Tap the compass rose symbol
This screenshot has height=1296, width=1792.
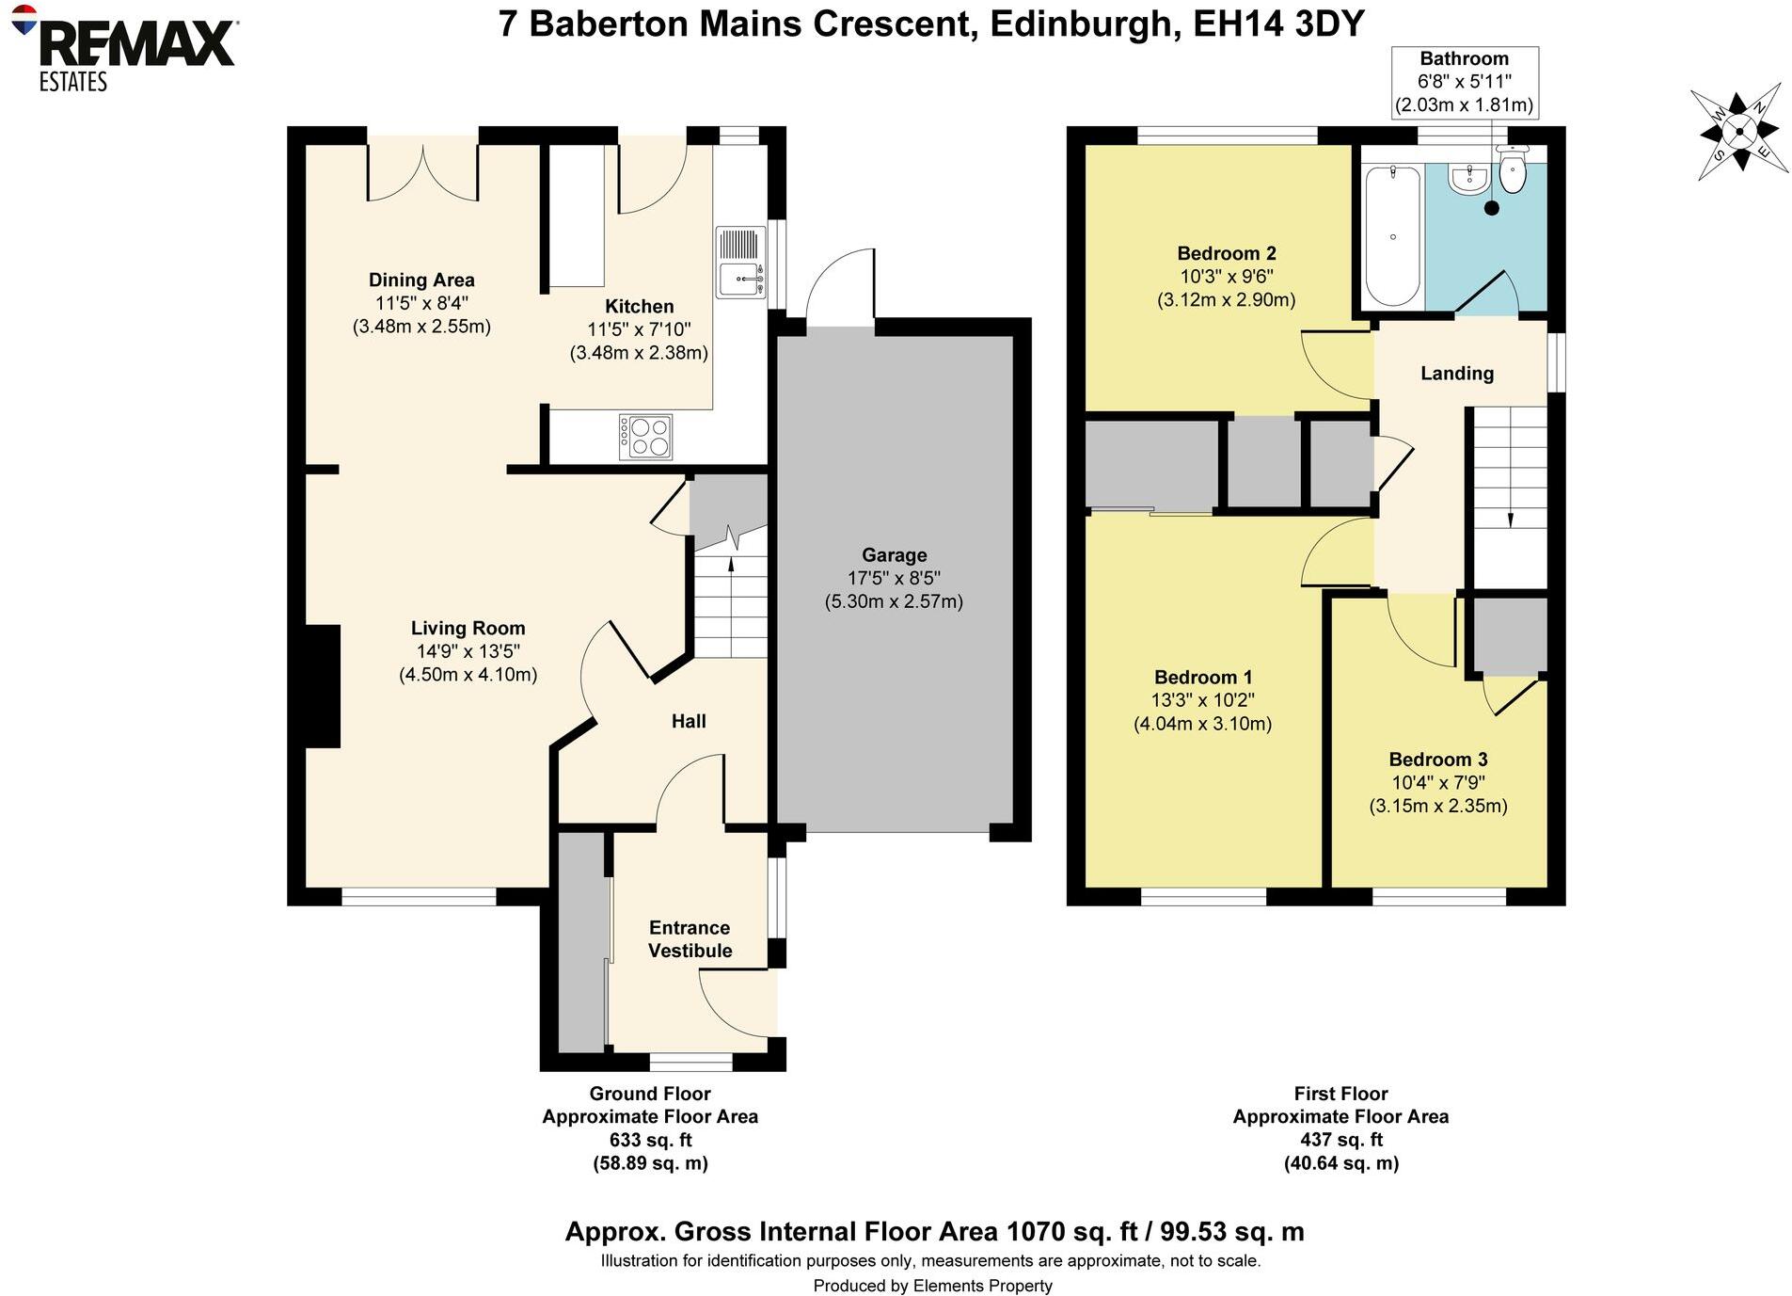click(1738, 132)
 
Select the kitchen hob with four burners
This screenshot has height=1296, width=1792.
click(645, 437)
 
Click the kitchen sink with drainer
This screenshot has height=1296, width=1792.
click(741, 263)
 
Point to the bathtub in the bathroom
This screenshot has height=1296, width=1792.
click(1392, 235)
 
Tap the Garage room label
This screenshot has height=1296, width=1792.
click(894, 555)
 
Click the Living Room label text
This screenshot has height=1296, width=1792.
click(468, 628)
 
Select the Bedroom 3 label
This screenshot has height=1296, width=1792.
click(1437, 760)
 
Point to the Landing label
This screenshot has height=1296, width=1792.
click(1456, 374)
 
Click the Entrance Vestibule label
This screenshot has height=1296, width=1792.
click(690, 939)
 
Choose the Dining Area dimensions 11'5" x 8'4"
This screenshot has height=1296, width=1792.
click(421, 303)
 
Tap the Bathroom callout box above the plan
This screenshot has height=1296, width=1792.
click(1465, 82)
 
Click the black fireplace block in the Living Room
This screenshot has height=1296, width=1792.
click(323, 686)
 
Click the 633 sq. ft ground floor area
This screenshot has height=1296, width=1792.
click(650, 1140)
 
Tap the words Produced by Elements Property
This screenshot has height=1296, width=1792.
click(932, 1286)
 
